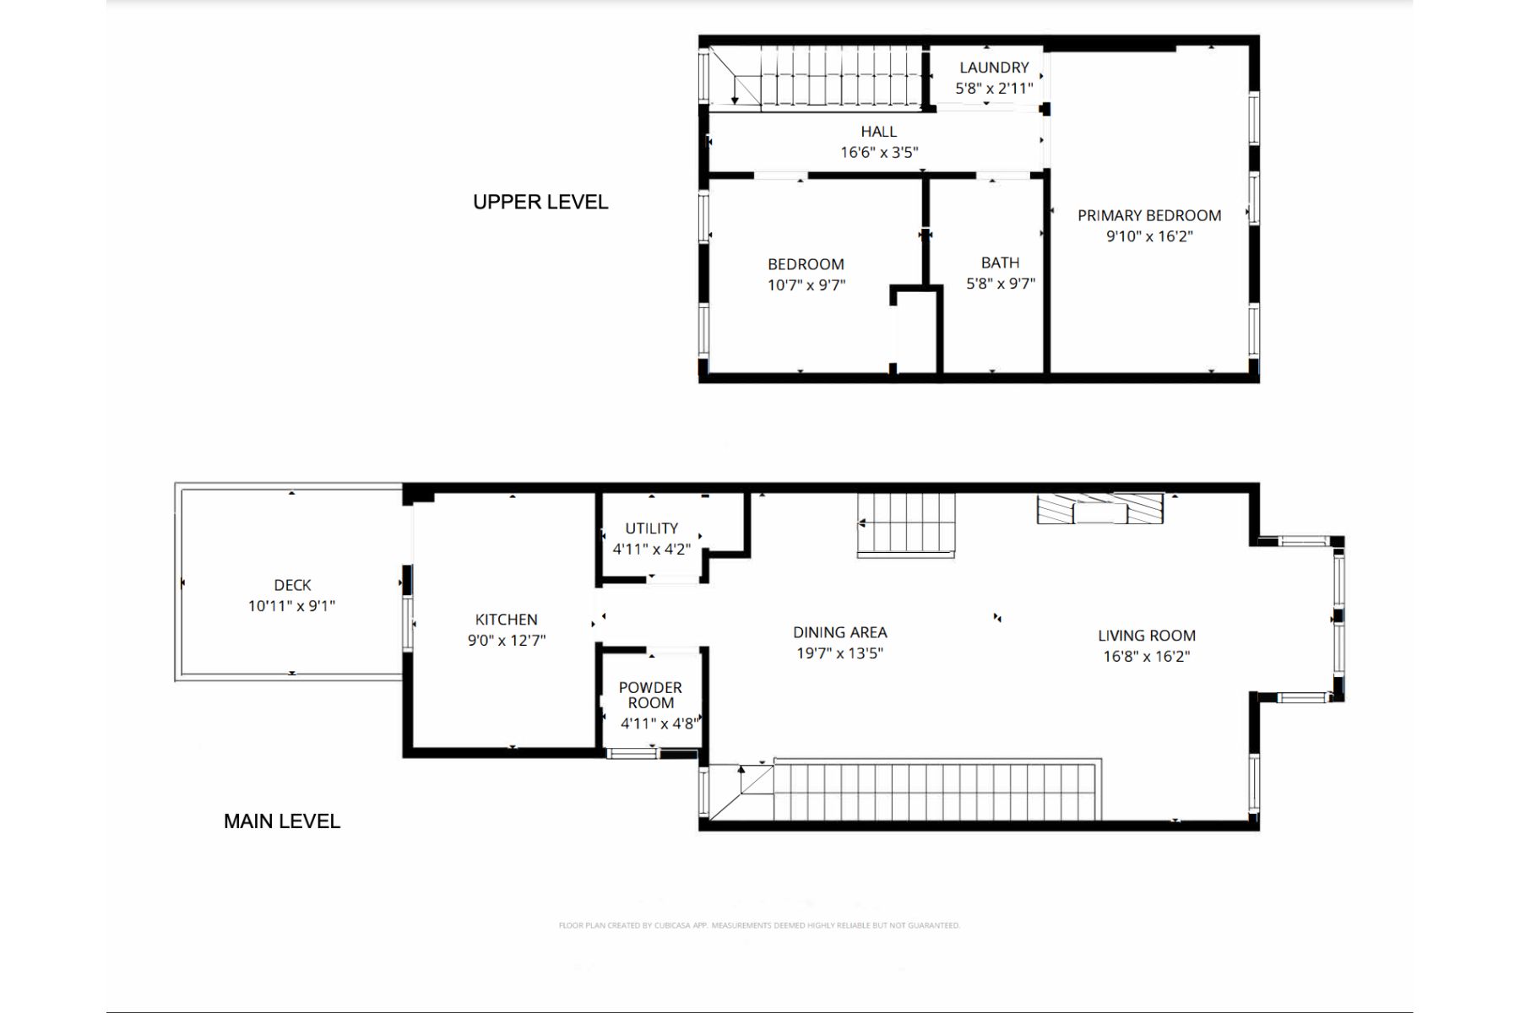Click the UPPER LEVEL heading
click(540, 202)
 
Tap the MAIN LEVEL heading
click(282, 821)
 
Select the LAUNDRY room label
click(994, 68)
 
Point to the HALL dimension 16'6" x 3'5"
click(879, 153)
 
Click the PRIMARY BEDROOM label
click(1149, 215)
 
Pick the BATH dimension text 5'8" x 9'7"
click(1001, 284)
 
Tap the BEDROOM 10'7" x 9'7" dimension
click(806, 285)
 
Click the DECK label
click(292, 585)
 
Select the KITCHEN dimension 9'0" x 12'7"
click(507, 640)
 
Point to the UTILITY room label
click(651, 528)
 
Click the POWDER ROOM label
click(650, 695)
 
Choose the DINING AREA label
click(840, 632)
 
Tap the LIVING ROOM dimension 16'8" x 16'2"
click(1147, 656)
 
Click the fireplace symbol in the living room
click(1100, 508)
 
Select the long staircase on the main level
click(937, 789)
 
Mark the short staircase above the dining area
click(906, 524)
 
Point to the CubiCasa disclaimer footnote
click(759, 925)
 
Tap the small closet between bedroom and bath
click(917, 330)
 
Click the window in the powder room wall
click(632, 753)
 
